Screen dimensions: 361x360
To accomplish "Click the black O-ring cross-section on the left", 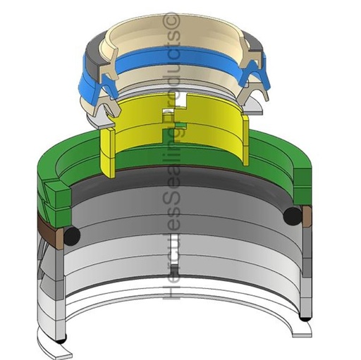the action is (72, 236).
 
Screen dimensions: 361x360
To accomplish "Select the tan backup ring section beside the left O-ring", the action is (59, 239).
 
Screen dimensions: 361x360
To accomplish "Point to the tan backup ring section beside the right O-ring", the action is (307, 216).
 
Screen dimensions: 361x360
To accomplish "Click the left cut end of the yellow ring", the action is (108, 152).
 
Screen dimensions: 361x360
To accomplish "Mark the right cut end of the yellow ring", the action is (246, 140).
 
